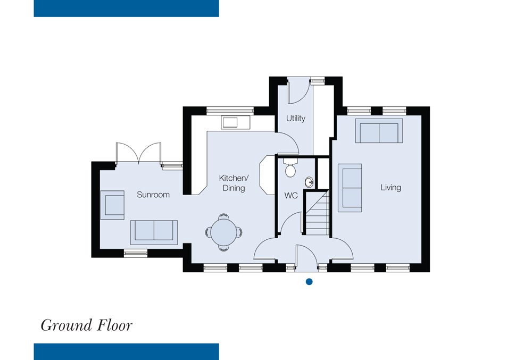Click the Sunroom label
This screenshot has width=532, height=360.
coord(153,195)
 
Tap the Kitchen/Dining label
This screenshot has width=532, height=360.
coord(234,183)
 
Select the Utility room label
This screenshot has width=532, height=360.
coord(295,118)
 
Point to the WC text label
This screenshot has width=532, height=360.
coord(291,196)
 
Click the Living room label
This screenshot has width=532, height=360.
coord(390,188)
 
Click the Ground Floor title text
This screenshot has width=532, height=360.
coord(87,325)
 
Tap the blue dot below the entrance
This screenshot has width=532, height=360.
coord(309,281)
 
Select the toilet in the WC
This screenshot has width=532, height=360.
coord(290,168)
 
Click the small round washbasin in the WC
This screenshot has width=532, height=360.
coord(309,182)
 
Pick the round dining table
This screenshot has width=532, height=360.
coord(223,232)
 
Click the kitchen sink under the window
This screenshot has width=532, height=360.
coord(236,122)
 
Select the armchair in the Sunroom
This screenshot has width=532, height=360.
coord(112,205)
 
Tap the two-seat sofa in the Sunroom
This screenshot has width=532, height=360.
coord(154,232)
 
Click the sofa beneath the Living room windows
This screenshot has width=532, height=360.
coord(379,131)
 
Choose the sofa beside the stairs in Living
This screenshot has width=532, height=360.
coord(350,188)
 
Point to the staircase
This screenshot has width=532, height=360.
coord(316,213)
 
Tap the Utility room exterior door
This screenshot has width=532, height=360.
coord(299,91)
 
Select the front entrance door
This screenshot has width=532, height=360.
coord(306,257)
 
